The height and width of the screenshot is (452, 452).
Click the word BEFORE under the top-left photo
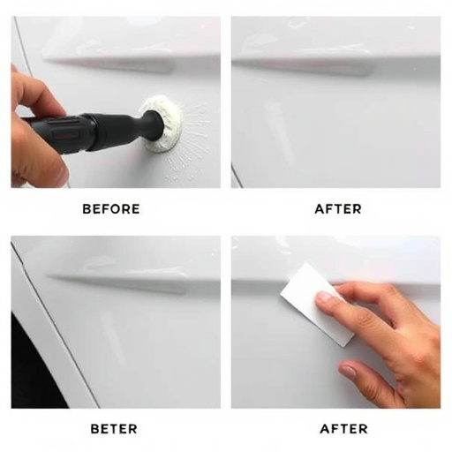coord(111,209)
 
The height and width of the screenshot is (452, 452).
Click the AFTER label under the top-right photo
coord(336,209)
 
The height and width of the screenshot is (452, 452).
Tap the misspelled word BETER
coord(114,429)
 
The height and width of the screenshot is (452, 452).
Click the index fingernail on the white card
coord(324,298)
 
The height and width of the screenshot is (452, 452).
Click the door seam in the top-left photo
coord(21,44)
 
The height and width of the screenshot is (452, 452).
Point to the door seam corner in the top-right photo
coord(237,177)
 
